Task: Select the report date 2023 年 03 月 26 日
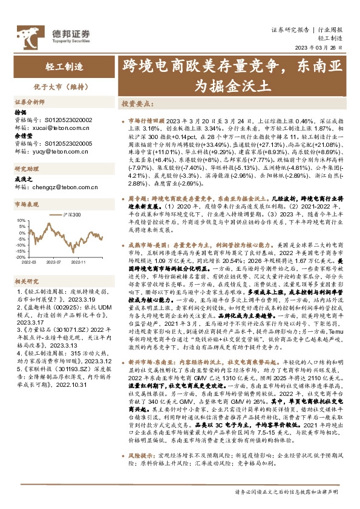(322, 49)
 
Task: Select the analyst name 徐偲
(21, 112)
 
